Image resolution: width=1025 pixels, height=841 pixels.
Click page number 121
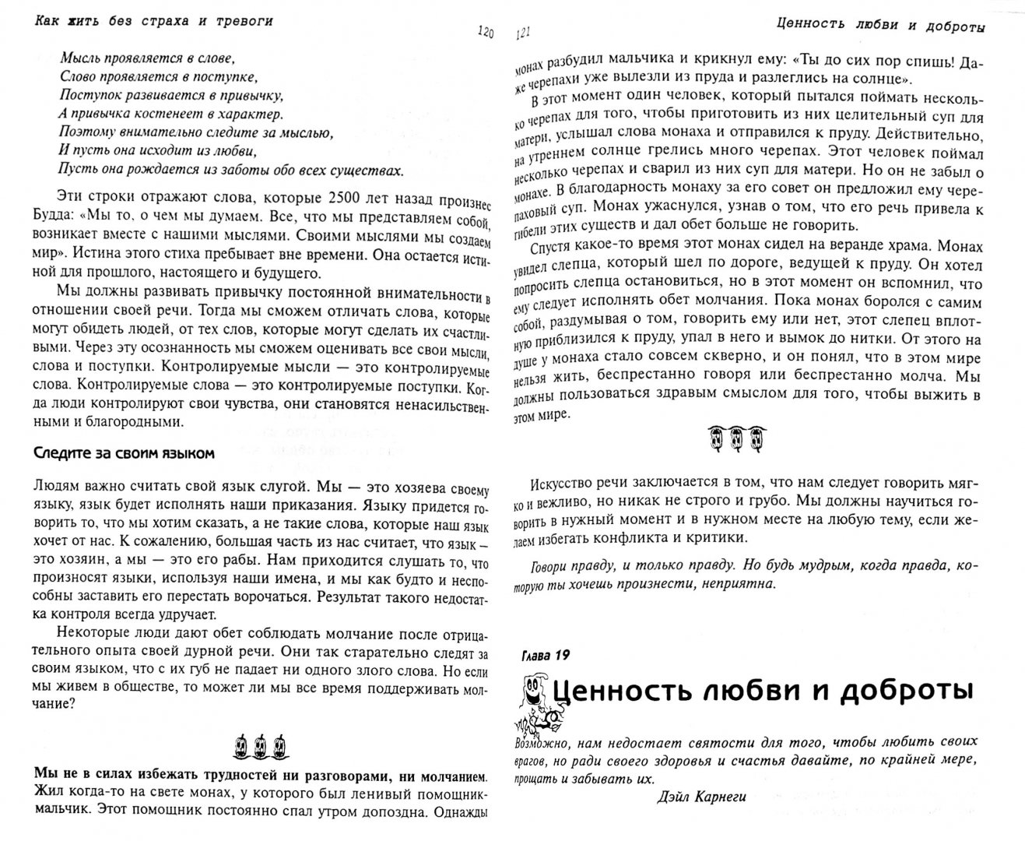pos(522,33)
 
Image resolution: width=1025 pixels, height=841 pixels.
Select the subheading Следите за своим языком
pos(124,452)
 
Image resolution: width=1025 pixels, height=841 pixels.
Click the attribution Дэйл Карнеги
pos(691,797)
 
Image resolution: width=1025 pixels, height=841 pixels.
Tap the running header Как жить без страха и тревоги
pos(155,20)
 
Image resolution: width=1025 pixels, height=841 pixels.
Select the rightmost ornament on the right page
pos(755,439)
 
